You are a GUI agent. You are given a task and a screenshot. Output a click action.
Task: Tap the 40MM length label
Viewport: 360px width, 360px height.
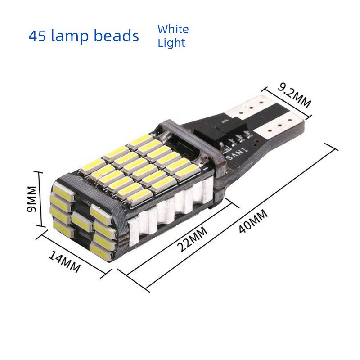click(x=253, y=221)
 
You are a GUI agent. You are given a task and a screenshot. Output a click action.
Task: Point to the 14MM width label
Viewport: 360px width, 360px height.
click(x=64, y=262)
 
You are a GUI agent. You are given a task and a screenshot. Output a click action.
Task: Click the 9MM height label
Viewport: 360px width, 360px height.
click(x=31, y=199)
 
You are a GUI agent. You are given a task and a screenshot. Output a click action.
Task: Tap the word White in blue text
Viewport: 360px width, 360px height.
click(x=173, y=29)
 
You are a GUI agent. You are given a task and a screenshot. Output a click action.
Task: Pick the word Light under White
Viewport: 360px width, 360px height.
click(x=171, y=43)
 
